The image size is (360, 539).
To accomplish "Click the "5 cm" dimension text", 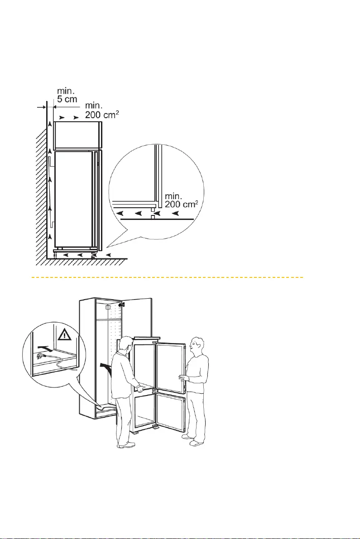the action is point(67,99).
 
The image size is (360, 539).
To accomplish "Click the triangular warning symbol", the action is point(65,334).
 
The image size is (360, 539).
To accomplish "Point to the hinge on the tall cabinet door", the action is point(121,304).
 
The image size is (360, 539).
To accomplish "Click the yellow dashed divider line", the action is point(168,277).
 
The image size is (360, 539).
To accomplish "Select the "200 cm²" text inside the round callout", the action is point(181,204).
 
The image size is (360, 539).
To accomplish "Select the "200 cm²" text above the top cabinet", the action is point(102,114).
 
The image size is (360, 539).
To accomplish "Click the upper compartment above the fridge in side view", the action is point(78,135).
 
